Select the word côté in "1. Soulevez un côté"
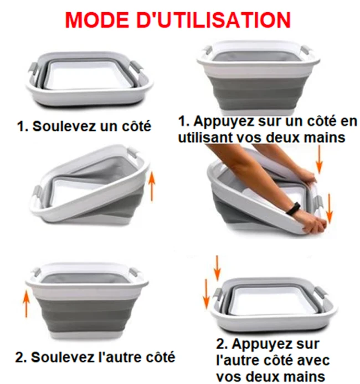click(x=136, y=126)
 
